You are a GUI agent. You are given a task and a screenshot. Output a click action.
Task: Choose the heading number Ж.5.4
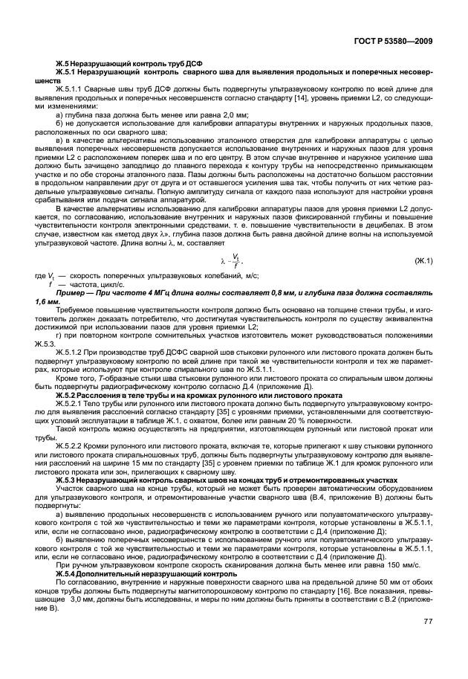(x=69, y=576)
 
